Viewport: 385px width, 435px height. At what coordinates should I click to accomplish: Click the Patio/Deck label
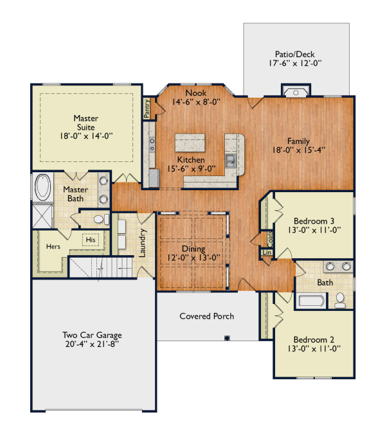pos(295,54)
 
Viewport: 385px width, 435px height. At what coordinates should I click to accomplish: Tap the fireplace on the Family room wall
pos(296,91)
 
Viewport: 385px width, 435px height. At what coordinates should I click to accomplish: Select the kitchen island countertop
pos(190,143)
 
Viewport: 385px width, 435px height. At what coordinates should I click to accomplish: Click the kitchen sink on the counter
pos(231,161)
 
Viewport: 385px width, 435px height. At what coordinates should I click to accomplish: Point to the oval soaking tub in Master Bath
pos(42,187)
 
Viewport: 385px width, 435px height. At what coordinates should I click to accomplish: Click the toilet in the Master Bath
pos(101,220)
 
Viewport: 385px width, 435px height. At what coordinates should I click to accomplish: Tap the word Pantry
pos(147,108)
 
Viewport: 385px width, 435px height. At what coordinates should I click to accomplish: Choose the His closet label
pos(91,240)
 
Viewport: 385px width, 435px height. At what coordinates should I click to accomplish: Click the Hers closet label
pos(53,246)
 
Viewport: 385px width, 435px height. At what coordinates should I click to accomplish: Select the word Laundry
pos(142,243)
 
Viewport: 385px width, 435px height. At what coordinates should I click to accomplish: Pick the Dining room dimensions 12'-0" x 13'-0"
pos(193,258)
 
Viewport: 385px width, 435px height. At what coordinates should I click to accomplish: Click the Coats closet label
pos(270,240)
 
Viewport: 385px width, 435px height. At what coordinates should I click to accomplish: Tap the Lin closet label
pos(267,253)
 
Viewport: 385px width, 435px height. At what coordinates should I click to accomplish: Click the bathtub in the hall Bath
pos(311,301)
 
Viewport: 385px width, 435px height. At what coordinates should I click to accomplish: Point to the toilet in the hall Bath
pos(340,301)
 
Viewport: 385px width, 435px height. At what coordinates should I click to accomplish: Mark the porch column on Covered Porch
pos(227,338)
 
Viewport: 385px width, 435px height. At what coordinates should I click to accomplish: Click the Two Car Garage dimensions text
pos(92,344)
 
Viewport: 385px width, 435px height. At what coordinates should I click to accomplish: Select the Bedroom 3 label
pos(314,221)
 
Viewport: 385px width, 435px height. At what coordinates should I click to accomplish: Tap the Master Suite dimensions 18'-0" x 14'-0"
pos(86,136)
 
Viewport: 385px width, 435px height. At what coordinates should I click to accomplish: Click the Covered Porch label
pos(207,316)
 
